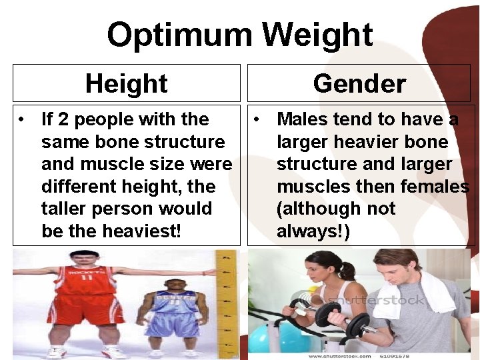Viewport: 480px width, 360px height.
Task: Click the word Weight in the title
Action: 317,35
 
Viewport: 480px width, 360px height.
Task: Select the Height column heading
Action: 127,83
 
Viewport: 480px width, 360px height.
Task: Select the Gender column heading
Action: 359,83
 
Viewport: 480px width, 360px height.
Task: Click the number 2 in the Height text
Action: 63,119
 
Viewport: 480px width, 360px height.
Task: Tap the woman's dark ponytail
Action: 347,271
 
